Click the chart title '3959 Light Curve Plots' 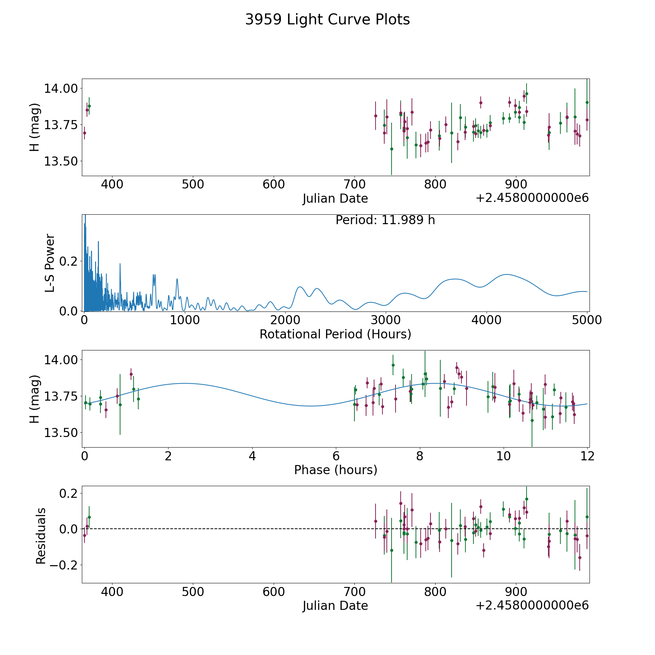[327, 20]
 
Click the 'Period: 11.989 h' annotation [385, 220]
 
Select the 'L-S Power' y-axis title [50, 263]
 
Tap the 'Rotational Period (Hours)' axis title [335, 334]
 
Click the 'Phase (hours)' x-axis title [336, 470]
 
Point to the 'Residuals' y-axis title [41, 536]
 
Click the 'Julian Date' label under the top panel [335, 199]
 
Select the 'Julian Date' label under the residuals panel [335, 606]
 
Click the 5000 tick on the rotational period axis [587, 321]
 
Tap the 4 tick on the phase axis [252, 456]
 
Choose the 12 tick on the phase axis [588, 456]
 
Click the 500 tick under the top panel [193, 184]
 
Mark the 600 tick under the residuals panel [274, 592]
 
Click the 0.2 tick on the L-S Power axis [69, 261]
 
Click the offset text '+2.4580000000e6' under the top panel [532, 198]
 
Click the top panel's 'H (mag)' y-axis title [35, 127]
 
